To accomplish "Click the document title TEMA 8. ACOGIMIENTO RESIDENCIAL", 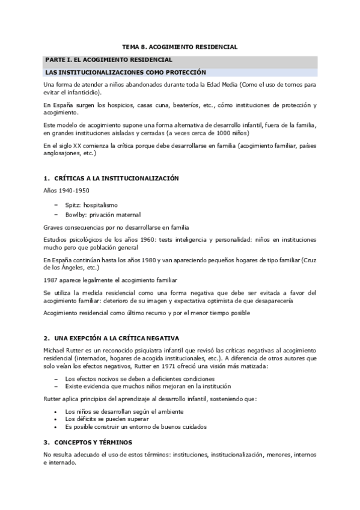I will (180, 46).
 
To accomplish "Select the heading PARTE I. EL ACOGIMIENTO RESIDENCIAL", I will (109, 60).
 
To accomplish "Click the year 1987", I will (50, 280).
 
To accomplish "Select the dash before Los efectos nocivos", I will (56, 379).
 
